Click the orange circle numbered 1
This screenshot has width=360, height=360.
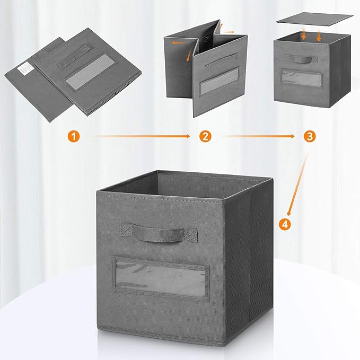75,136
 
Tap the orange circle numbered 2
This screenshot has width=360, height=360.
205,136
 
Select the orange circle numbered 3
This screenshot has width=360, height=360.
310,136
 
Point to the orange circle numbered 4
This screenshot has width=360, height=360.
285,224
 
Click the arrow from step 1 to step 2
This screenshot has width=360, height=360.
141,136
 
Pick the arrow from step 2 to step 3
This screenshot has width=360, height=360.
258,136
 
